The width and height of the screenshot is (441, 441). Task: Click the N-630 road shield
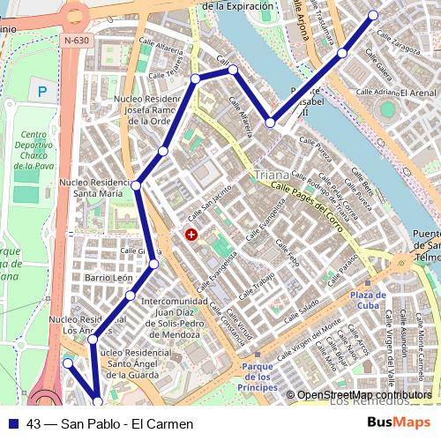pos(75,41)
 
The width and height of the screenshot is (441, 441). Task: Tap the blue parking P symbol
pos(41,90)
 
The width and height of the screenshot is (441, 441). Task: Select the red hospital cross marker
pos(191,234)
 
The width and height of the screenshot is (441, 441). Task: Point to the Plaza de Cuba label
pos(368,300)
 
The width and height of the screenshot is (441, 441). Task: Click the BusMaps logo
pos(399,422)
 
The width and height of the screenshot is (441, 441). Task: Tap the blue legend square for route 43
pos(13,423)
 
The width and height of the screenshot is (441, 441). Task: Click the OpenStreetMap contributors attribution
pos(364,395)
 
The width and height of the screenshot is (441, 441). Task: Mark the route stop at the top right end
pos(373,15)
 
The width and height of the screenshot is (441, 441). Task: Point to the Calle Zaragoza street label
pos(399,42)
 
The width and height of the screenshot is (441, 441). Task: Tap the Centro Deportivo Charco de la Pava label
pos(33,149)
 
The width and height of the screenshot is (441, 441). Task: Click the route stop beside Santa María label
pos(136,184)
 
